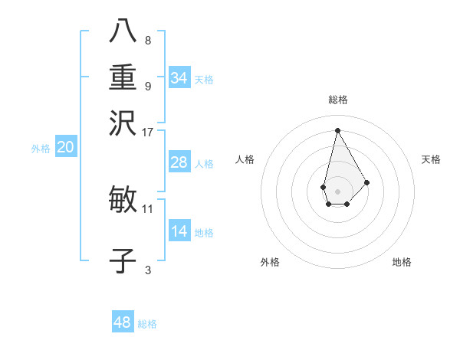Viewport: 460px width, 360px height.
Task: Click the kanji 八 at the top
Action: click(123, 31)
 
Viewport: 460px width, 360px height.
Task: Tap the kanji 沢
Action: click(123, 122)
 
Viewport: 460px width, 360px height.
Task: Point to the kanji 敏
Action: click(123, 201)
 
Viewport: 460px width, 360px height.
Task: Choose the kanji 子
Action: click(123, 261)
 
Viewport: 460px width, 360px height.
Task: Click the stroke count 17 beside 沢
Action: click(148, 132)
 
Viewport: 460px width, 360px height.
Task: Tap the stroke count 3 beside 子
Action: click(148, 270)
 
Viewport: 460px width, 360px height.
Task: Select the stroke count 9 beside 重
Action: click(148, 86)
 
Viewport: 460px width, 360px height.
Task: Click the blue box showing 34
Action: click(179, 78)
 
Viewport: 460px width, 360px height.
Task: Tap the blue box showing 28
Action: click(179, 162)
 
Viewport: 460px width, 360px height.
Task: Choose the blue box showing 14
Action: click(179, 231)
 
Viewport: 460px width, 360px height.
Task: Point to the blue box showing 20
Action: click(65, 148)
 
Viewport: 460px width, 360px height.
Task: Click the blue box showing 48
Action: click(123, 322)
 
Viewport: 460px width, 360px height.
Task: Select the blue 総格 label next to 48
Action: click(147, 324)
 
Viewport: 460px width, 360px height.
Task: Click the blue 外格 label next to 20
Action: click(41, 149)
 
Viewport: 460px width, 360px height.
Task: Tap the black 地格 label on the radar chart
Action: click(402, 263)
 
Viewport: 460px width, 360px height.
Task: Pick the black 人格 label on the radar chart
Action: click(245, 159)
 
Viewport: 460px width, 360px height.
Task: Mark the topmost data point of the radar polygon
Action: click(337, 130)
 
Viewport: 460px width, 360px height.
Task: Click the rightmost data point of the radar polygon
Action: click(367, 182)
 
